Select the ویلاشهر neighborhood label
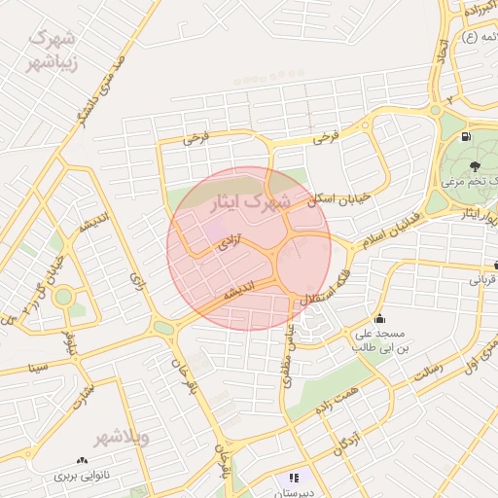130,437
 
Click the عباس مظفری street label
289,355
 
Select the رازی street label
135,283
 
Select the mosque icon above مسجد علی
378,319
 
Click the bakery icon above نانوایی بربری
82,460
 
